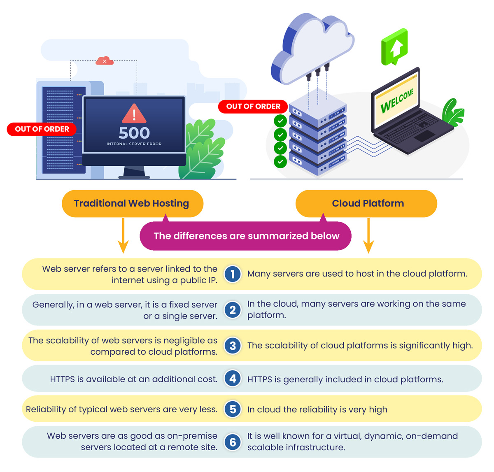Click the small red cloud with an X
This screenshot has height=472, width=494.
click(x=104, y=60)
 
